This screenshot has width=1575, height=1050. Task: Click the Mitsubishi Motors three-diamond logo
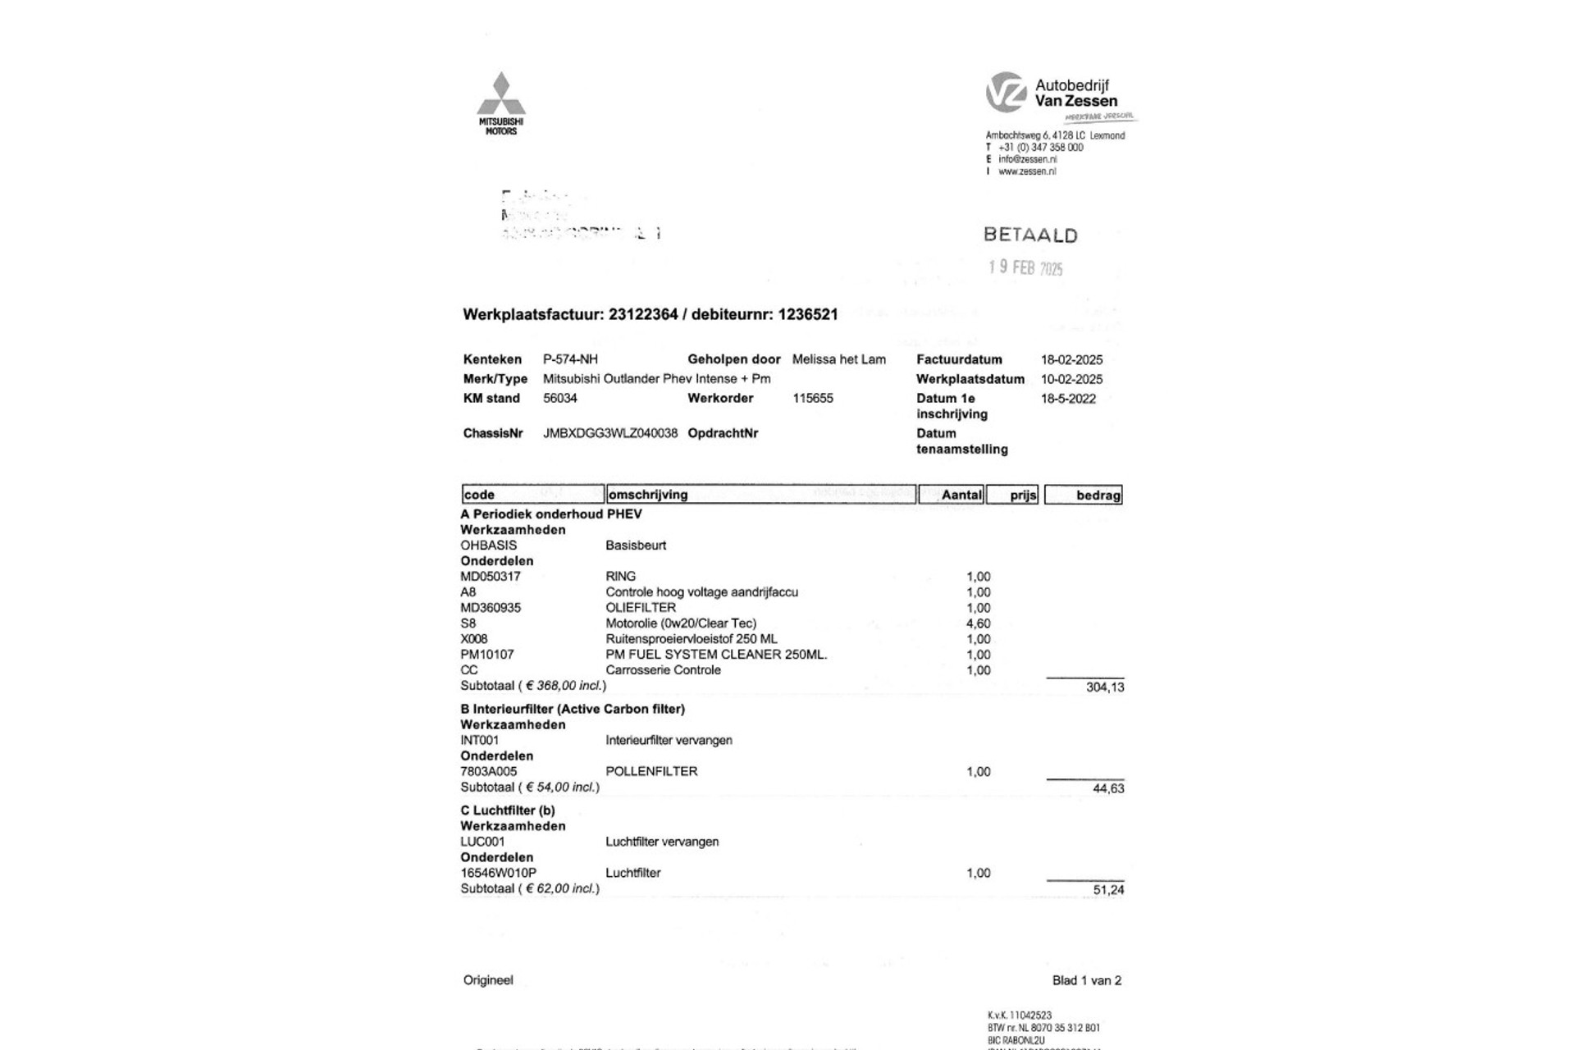point(501,94)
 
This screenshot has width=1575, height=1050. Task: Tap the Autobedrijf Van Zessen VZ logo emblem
point(1006,92)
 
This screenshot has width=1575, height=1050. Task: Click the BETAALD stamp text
point(1030,235)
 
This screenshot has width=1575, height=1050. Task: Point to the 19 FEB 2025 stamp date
point(1025,267)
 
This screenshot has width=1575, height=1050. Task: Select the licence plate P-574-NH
point(570,359)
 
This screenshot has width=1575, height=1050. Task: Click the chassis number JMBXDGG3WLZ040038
point(610,433)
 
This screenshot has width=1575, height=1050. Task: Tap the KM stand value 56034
point(560,398)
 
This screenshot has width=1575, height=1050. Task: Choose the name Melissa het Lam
point(838,359)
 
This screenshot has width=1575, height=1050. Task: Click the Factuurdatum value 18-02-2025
point(1071,359)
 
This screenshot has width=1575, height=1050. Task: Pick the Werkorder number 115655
point(813,398)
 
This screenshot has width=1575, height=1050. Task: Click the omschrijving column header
point(648,495)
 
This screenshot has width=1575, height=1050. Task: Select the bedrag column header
point(1098,495)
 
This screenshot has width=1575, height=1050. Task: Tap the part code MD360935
point(491,608)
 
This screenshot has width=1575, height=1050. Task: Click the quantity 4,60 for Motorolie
point(978,623)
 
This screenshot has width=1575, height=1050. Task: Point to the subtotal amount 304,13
point(1105,687)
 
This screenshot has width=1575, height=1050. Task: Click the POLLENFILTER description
point(651,771)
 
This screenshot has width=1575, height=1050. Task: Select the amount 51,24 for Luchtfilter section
point(1108,890)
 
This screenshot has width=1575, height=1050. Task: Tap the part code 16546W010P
point(498,873)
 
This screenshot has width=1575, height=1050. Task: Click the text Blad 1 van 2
point(1086,980)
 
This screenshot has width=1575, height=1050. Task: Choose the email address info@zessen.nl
point(1027,159)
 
